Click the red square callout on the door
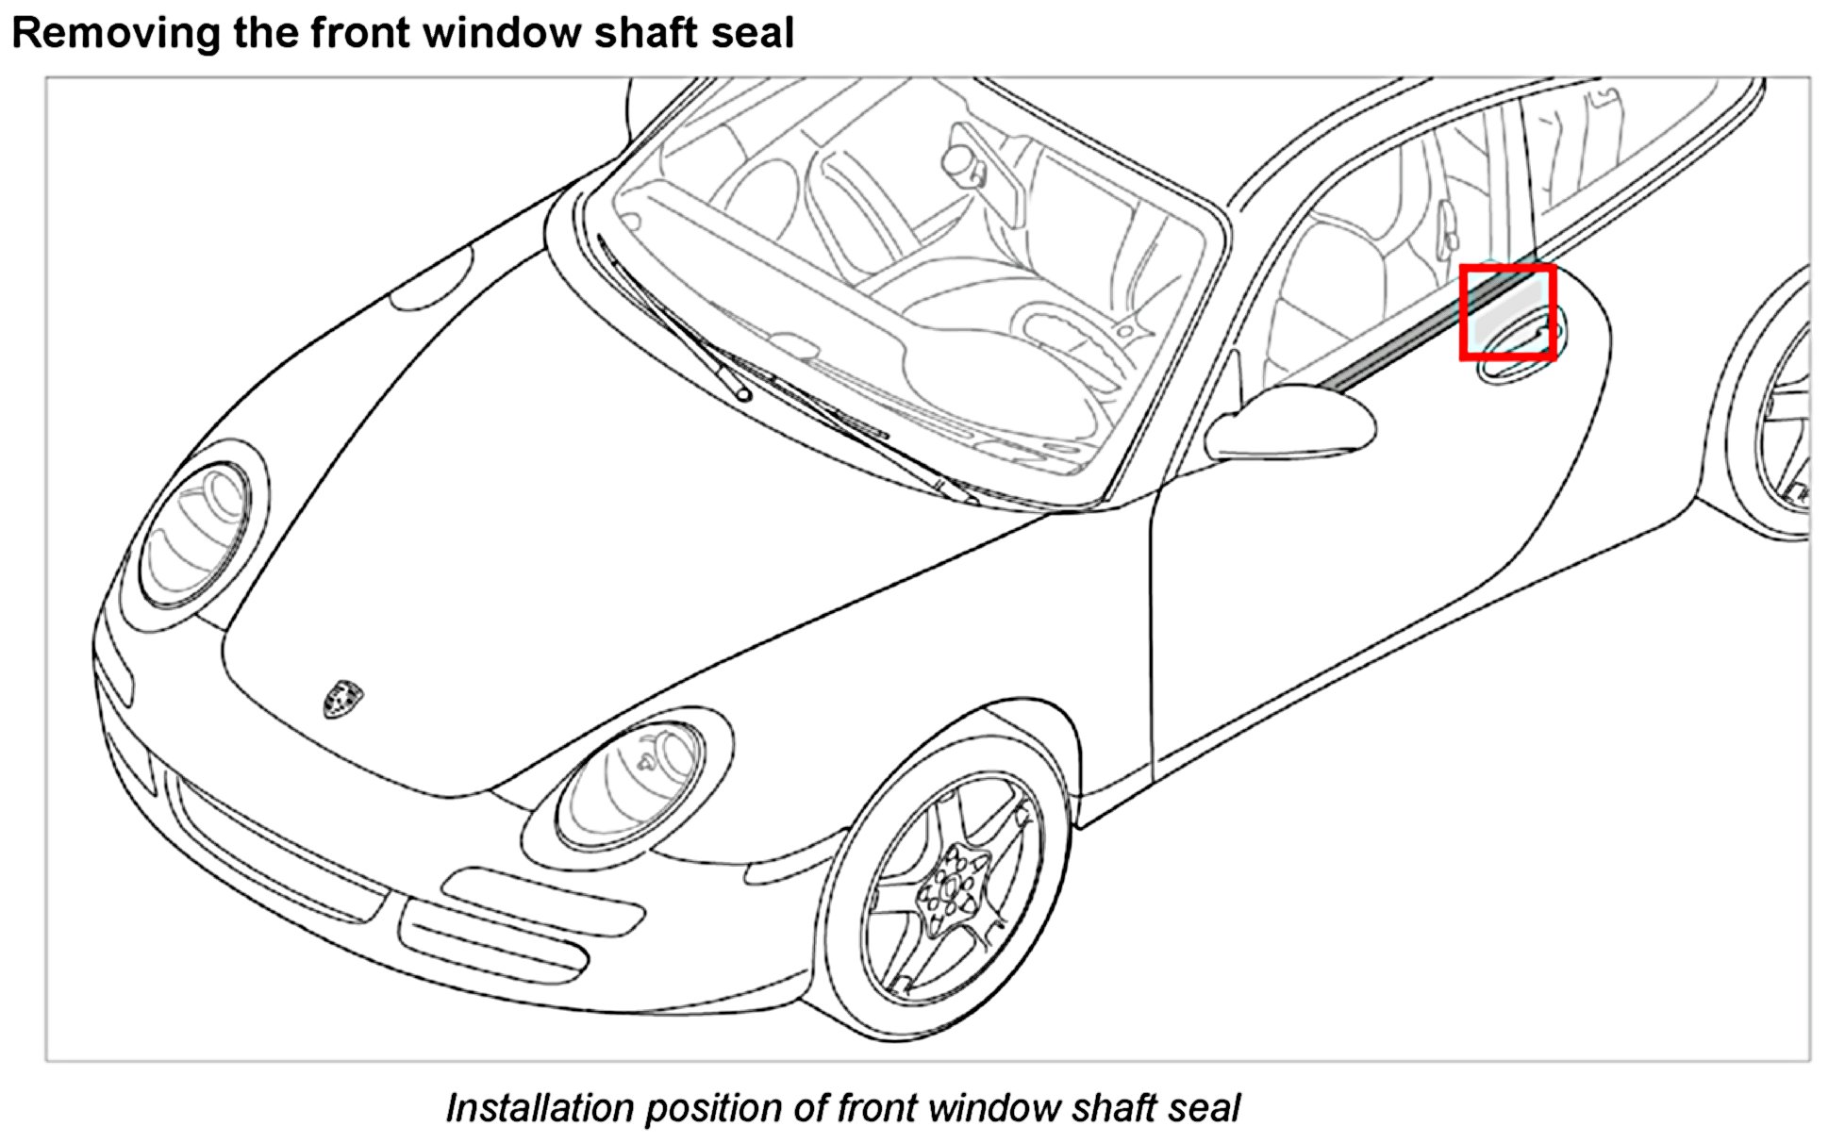pos(1507,312)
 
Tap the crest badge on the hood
pos(342,698)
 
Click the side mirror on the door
pos(1292,421)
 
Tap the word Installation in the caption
pos(538,1108)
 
